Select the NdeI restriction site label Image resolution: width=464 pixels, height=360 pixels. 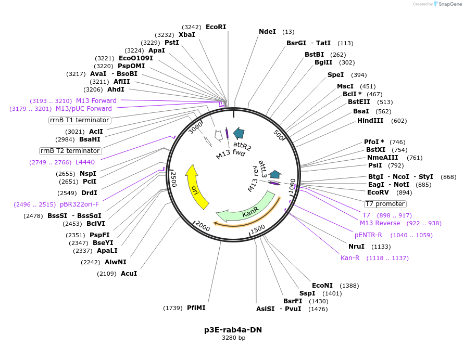coord(267,32)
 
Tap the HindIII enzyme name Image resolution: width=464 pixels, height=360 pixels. coord(370,121)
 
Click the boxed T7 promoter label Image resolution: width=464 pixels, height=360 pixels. coord(385,203)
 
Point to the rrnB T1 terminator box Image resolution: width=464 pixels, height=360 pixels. coord(79,120)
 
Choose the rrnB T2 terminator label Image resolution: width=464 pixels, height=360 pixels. coord(70,151)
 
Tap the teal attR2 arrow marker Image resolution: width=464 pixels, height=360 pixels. coord(239,133)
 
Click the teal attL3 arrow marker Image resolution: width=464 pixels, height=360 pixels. coord(275,175)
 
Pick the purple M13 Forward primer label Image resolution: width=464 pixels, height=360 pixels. coord(96,101)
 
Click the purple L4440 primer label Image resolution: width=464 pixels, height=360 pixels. coord(85,162)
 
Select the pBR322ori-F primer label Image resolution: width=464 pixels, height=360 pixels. coord(79,204)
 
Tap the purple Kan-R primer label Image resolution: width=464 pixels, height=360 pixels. coord(350,258)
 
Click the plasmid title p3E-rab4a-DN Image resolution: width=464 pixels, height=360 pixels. coord(233,330)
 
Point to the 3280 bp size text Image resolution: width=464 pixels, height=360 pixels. coord(233,338)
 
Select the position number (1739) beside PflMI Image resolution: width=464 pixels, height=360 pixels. coord(173,308)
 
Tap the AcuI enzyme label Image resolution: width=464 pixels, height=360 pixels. coord(129,274)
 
